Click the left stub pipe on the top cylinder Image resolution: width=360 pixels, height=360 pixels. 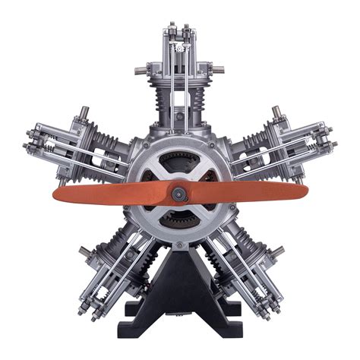pos(141,71)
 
